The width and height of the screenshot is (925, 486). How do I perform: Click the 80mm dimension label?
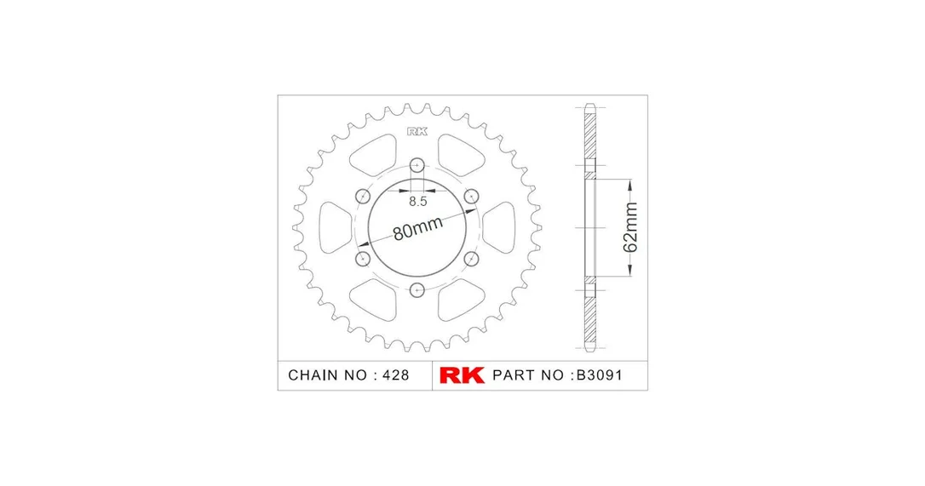tap(417, 228)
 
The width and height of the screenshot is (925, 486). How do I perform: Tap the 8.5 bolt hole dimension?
tap(417, 202)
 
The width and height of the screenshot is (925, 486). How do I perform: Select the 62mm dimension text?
tap(630, 227)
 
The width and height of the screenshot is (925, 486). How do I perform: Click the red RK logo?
tap(462, 375)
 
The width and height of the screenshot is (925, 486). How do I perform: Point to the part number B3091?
tap(599, 375)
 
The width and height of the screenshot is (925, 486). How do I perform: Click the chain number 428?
tap(395, 375)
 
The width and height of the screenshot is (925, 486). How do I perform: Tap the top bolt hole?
tap(417, 165)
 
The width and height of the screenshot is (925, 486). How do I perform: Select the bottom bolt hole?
tap(417, 290)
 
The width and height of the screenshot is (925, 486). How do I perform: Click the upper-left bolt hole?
tap(363, 196)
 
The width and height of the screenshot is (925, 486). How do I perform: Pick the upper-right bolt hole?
tap(471, 196)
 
